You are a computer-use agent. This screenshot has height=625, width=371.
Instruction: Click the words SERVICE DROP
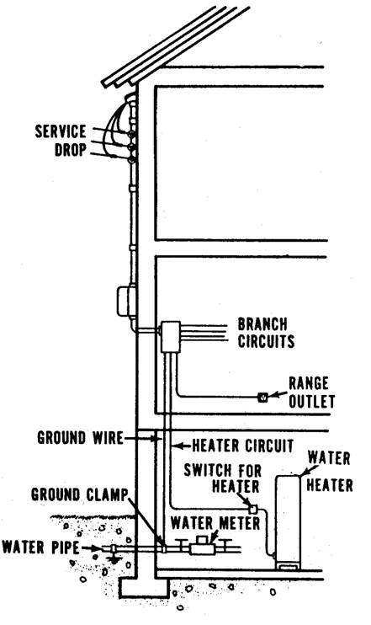point(61,141)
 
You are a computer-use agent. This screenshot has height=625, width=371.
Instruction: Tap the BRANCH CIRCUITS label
point(266,333)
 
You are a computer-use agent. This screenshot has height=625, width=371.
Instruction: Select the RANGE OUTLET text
point(311,393)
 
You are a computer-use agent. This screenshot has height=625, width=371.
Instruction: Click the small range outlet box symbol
point(262,397)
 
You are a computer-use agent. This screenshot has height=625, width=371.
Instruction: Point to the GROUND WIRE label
point(80,438)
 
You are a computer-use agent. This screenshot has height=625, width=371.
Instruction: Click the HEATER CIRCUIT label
point(242,446)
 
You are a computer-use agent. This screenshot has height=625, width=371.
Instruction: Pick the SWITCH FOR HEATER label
point(222,478)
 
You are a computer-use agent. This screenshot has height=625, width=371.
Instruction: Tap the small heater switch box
point(252,509)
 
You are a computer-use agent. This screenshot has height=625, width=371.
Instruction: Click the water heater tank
point(288,522)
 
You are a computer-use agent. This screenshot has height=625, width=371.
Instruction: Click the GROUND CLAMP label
point(79,494)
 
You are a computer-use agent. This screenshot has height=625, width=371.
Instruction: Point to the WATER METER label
point(215,522)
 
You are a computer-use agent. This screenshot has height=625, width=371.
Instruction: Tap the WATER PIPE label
point(40,547)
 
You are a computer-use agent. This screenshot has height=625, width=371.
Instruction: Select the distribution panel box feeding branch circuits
point(171,336)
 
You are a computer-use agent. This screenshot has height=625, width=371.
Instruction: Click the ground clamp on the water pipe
point(163,548)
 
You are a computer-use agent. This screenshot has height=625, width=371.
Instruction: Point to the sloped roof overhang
point(175,46)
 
